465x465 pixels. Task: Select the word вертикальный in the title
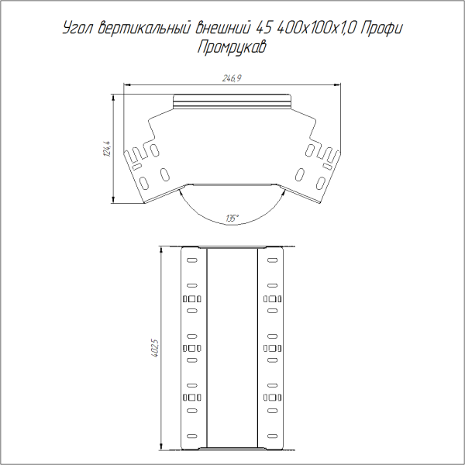(142, 29)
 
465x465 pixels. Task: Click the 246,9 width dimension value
(232, 78)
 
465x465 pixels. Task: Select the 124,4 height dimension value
(106, 147)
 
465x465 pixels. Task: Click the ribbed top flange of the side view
(232, 102)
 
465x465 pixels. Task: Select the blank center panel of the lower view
(232, 349)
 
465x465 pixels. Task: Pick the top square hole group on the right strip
(272, 299)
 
